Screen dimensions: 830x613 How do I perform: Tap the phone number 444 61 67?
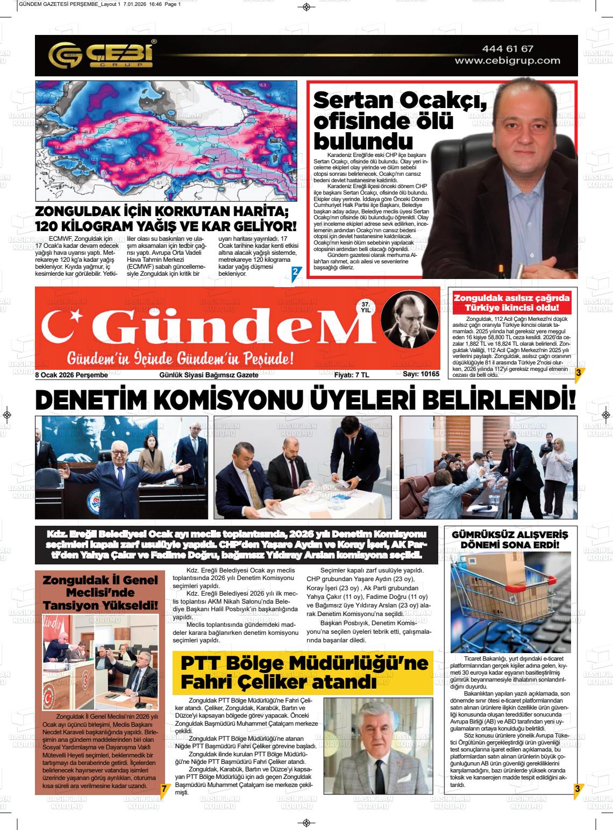[507, 49]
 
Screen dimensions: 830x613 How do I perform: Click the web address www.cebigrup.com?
[507, 61]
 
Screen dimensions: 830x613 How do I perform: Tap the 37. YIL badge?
[366, 307]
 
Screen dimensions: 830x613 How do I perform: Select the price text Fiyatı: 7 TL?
[352, 375]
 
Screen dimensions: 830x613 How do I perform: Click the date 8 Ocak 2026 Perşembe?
[72, 375]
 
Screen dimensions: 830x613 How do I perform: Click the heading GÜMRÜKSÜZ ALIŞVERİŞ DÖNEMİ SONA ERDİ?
[510, 540]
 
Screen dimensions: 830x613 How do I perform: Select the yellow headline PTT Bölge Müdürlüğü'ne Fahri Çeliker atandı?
[303, 672]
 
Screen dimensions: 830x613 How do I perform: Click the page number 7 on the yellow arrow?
[163, 788]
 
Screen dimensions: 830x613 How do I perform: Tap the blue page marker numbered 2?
[294, 273]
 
